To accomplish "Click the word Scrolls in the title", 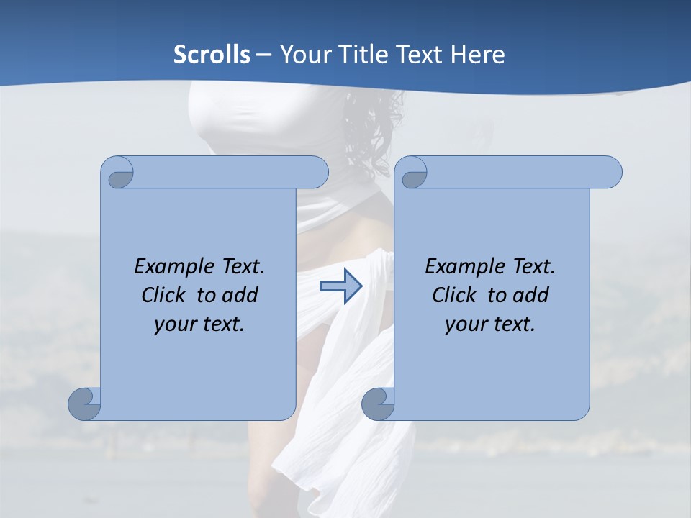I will pyautogui.click(x=212, y=55).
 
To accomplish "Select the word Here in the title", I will pyautogui.click(x=478, y=55).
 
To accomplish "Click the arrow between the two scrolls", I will pyautogui.click(x=340, y=286).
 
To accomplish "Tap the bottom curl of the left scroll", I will pyautogui.click(x=84, y=404).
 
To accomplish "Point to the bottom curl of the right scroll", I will pyautogui.click(x=377, y=404).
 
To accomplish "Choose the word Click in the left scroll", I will pyautogui.click(x=162, y=295).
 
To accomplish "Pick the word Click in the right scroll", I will pyautogui.click(x=454, y=295).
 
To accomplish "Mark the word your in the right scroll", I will pyautogui.click(x=465, y=325).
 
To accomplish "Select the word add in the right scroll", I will pyautogui.click(x=532, y=295).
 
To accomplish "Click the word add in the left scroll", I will pyautogui.click(x=241, y=295).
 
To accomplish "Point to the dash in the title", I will pyautogui.click(x=263, y=55).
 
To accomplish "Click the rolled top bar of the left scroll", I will pyautogui.click(x=230, y=172).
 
